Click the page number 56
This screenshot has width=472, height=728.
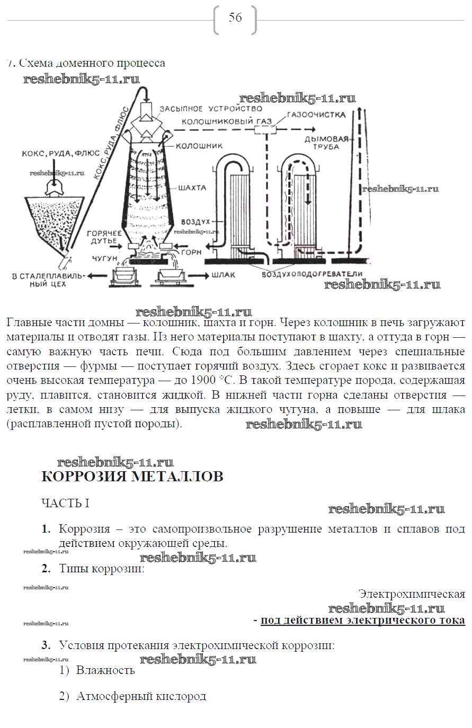[x=235, y=18]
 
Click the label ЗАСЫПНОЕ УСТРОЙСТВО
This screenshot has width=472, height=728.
[x=218, y=109]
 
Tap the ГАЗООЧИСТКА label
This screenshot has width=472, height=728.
[x=316, y=114]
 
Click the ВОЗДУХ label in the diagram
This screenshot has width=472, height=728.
[x=196, y=221]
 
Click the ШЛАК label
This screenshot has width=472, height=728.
[x=223, y=275]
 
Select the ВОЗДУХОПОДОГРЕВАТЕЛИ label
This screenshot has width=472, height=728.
[x=311, y=274]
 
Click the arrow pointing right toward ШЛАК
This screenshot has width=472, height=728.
[x=197, y=275]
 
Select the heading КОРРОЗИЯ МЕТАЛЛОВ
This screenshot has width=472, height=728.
[x=132, y=477]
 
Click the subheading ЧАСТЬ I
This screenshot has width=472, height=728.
[x=65, y=503]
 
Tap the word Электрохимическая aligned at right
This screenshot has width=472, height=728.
[x=412, y=594]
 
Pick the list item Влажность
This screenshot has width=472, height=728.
[x=105, y=670]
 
